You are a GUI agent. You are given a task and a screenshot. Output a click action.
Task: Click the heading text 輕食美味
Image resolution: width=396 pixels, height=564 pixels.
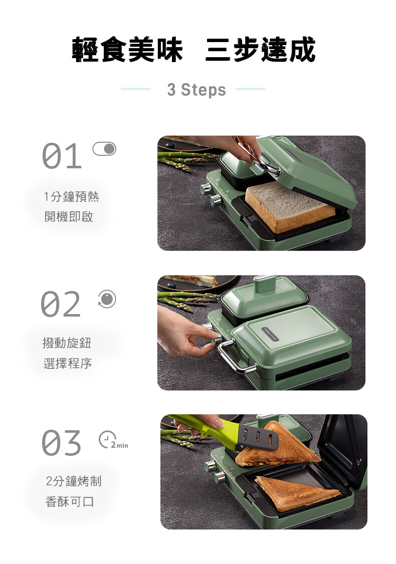[127, 50]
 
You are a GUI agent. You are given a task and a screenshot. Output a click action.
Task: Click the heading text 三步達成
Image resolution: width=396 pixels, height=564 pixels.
[261, 50]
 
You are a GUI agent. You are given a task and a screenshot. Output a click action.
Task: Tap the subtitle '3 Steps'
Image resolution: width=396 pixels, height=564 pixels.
[196, 90]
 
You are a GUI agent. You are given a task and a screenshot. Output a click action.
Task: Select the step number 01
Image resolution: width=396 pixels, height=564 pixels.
[62, 156]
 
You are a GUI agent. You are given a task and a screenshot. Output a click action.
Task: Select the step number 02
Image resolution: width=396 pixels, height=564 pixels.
[61, 304]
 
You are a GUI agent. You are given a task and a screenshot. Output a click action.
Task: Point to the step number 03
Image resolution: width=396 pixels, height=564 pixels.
[61, 443]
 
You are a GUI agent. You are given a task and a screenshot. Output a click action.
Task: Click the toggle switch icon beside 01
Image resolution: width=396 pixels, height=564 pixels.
[104, 149]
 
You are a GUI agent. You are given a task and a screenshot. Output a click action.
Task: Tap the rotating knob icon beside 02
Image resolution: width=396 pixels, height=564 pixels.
[107, 299]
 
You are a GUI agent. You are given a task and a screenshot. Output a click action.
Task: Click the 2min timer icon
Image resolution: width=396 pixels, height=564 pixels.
[113, 440]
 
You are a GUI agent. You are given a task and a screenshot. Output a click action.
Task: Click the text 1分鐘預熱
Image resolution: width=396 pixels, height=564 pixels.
[71, 196]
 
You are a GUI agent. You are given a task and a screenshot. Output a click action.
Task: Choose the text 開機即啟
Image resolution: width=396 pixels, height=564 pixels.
[69, 216]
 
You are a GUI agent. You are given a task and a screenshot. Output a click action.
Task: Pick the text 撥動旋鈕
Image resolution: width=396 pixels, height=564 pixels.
[67, 343]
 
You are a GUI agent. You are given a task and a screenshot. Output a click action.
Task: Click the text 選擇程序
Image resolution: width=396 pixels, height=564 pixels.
[67, 363]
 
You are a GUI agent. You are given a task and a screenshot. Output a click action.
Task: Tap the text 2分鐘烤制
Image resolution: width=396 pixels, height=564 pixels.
[74, 481]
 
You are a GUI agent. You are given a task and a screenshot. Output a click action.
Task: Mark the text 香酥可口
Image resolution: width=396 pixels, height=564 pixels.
[70, 501]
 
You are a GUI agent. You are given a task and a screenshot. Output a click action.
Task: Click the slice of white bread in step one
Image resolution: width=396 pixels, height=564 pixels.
[290, 206]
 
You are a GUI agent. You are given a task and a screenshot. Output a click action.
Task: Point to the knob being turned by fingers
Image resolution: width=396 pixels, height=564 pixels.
[218, 340]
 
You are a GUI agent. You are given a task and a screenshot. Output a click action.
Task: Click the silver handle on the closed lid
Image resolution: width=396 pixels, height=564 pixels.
[237, 357]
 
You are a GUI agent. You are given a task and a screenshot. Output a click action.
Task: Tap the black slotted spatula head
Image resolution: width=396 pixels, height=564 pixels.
[257, 437]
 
